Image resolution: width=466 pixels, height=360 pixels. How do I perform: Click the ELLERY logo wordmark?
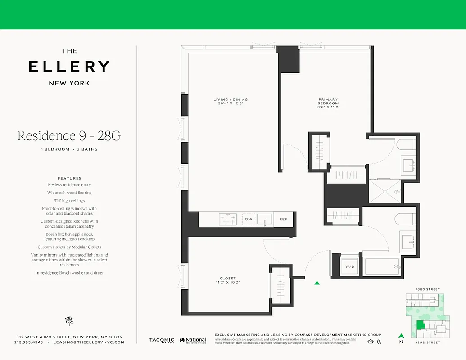(69, 67)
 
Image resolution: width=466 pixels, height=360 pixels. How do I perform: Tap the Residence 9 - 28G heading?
(69, 135)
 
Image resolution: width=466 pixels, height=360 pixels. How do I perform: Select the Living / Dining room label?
(231, 102)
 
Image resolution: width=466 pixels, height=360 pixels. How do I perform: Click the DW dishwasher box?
(249, 219)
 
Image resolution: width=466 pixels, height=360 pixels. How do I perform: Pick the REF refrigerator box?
(283, 219)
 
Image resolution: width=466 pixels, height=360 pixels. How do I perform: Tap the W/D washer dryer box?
(350, 266)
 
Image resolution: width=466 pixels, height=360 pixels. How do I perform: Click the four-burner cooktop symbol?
(229, 219)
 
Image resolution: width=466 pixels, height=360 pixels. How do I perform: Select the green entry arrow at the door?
(317, 283)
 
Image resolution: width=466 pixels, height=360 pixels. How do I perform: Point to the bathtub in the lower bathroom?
(382, 266)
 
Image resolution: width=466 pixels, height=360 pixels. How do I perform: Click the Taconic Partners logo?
(162, 341)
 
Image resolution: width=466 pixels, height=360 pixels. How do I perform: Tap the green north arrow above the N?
(401, 335)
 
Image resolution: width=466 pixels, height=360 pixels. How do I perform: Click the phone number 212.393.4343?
(29, 342)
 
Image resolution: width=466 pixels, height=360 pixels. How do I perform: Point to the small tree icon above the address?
(69, 320)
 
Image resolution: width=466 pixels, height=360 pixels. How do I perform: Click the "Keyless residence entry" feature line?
(69, 185)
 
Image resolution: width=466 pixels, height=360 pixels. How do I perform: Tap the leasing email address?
(89, 342)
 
